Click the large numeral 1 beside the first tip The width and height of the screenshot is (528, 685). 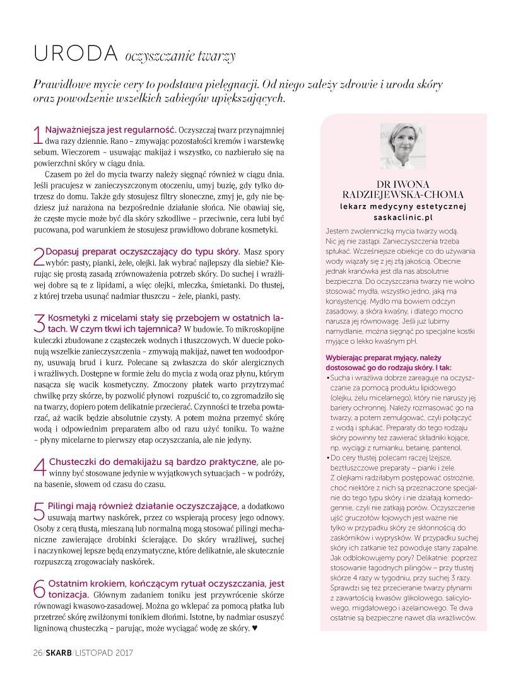(37, 135)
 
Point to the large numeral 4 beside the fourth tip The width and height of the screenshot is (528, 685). (38, 467)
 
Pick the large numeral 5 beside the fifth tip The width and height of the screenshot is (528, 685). (38, 512)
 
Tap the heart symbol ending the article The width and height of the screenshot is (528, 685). (254, 628)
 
